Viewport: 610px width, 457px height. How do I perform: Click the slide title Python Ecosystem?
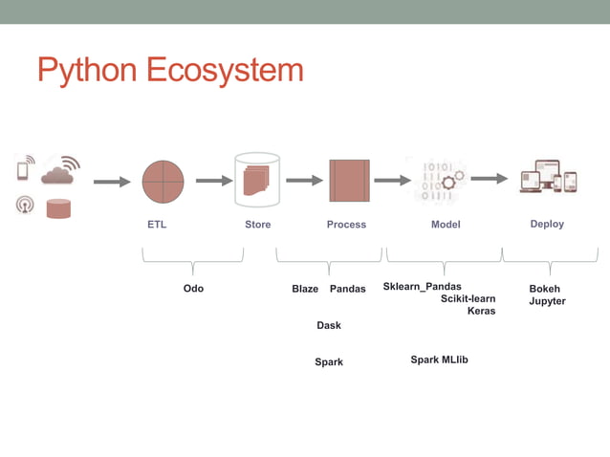click(170, 70)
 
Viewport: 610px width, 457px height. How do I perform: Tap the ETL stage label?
click(156, 225)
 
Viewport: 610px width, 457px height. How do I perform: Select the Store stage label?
click(257, 225)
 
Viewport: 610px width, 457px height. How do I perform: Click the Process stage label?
click(346, 225)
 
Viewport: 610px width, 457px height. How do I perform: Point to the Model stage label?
click(446, 225)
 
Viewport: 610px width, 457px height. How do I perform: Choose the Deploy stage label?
click(547, 224)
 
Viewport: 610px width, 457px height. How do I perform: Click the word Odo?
click(193, 289)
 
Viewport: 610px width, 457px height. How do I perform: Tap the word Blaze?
click(305, 289)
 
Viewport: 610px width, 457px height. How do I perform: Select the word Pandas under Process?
click(347, 289)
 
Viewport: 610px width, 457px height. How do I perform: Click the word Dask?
click(329, 326)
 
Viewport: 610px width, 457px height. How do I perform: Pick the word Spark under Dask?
click(329, 362)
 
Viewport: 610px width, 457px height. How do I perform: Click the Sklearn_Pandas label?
click(422, 287)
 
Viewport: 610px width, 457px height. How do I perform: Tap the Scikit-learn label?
click(468, 298)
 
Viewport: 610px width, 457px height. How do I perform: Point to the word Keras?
click(481, 311)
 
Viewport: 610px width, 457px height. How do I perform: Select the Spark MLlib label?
click(439, 359)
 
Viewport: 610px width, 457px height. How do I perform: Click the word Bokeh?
click(545, 289)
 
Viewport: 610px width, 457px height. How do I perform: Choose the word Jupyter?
click(547, 301)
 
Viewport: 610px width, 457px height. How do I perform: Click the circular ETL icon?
click(163, 181)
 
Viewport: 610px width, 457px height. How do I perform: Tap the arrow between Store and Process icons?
click(305, 180)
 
